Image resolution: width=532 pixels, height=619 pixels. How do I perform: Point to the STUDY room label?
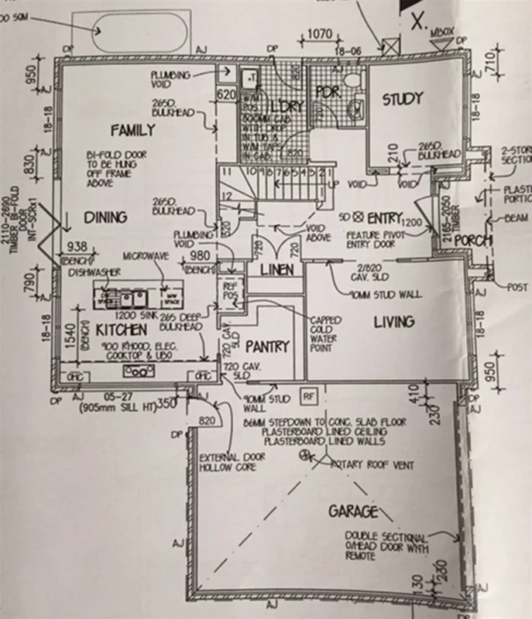(402, 98)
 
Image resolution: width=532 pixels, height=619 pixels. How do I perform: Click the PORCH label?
(473, 241)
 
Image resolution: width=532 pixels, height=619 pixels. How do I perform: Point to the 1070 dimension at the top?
(320, 34)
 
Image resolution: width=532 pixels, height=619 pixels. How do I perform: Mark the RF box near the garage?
(309, 395)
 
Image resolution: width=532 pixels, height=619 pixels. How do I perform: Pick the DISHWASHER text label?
(95, 272)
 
